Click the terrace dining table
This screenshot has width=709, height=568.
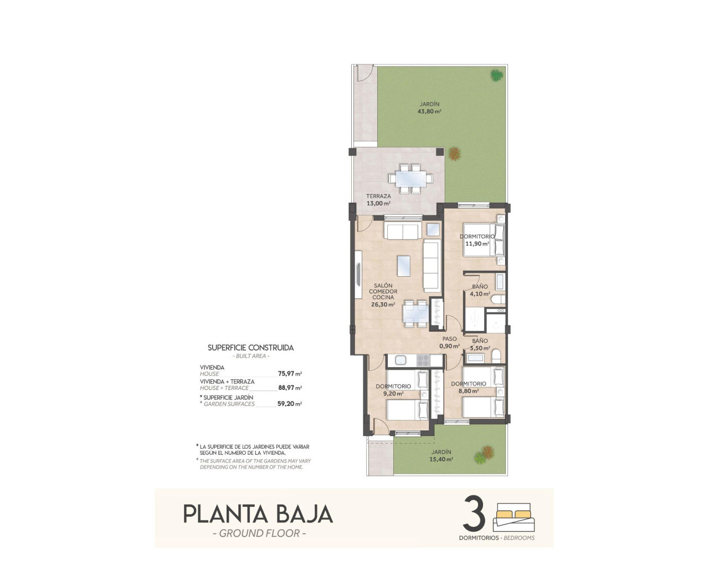[x=410, y=178]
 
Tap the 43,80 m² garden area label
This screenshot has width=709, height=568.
[x=429, y=111]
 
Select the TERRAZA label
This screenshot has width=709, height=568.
[x=378, y=196]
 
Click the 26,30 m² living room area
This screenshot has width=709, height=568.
[x=383, y=304]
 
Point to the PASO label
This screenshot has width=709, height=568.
[x=449, y=339]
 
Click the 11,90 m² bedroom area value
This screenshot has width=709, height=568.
[x=477, y=244]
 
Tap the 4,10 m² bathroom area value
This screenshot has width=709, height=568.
[x=480, y=294]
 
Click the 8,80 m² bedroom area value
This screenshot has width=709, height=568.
[x=468, y=390]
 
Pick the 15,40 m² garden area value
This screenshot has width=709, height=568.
[x=442, y=459]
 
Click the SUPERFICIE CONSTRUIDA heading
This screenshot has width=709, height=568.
[x=250, y=348]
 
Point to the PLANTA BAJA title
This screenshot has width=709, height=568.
[x=258, y=514]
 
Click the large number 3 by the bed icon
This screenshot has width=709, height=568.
[x=474, y=515]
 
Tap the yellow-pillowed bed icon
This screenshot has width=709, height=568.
[x=515, y=516]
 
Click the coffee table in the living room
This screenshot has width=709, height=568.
[x=404, y=265]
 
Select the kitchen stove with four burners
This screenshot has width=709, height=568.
[x=423, y=360]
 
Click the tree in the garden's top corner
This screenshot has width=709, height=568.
[x=497, y=74]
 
